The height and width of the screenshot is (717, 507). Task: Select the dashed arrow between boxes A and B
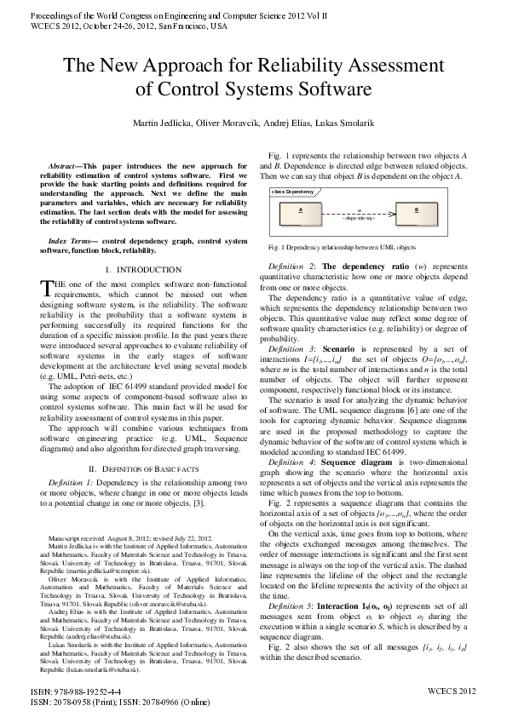point(358,212)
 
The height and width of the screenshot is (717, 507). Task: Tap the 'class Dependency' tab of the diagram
point(293,192)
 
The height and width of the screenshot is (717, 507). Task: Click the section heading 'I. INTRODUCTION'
point(136,270)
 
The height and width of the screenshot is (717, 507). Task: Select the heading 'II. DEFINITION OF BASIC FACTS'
point(136,469)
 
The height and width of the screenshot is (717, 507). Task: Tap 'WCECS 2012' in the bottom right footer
point(452,691)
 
